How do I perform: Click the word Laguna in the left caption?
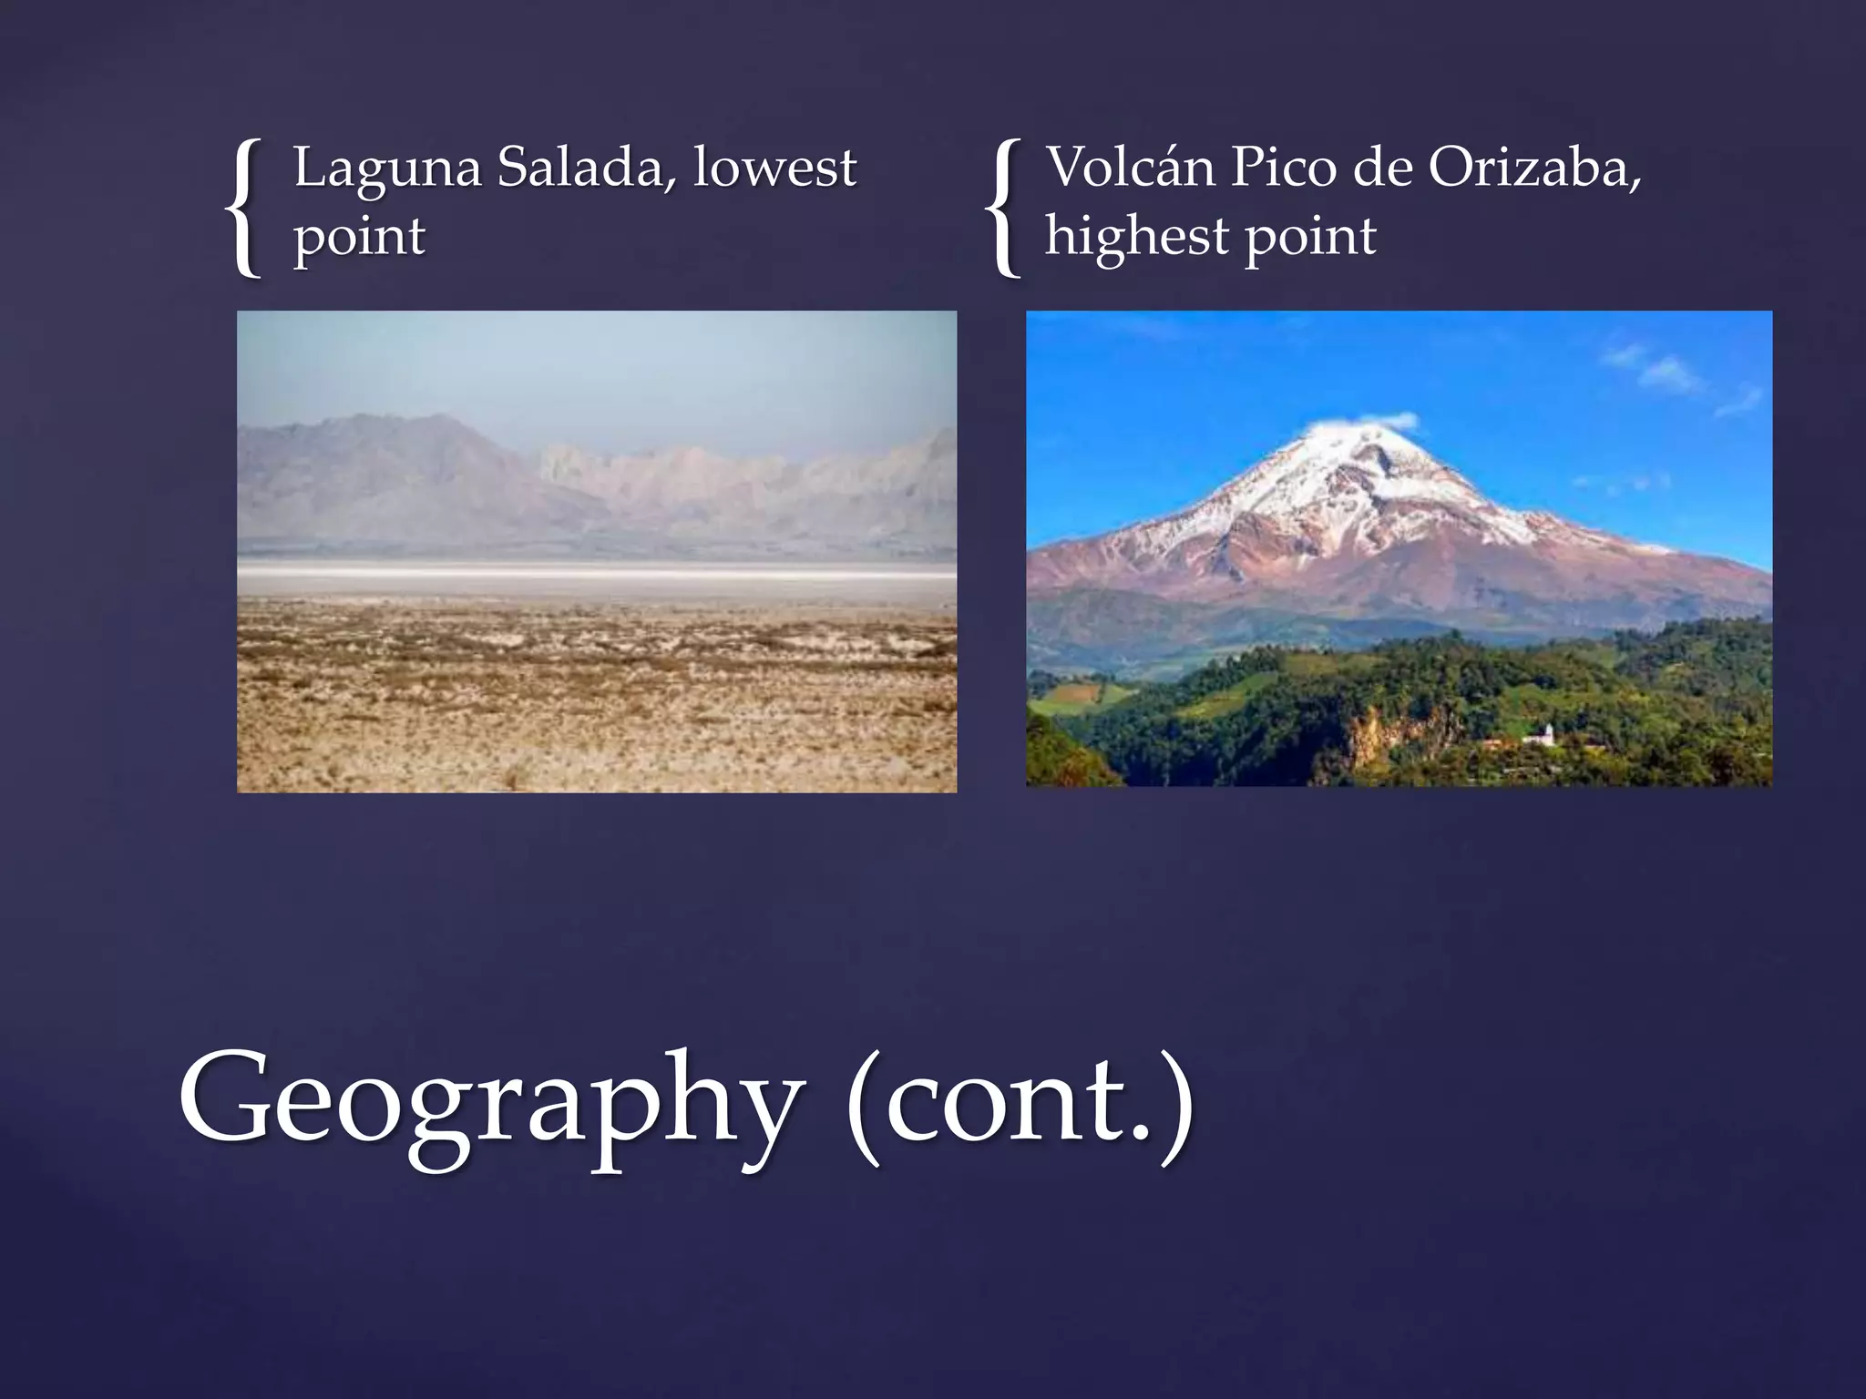pos(386,170)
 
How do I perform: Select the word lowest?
pos(774,168)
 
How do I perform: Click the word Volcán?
pos(1131,168)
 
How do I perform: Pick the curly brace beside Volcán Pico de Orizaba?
pos(1004,207)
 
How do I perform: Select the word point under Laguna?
pos(359,239)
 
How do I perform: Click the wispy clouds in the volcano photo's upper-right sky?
pos(1667,373)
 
